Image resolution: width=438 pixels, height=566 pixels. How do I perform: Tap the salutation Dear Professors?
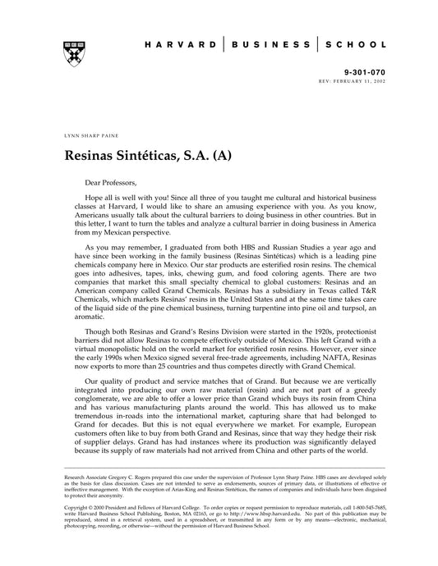[113, 182]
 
